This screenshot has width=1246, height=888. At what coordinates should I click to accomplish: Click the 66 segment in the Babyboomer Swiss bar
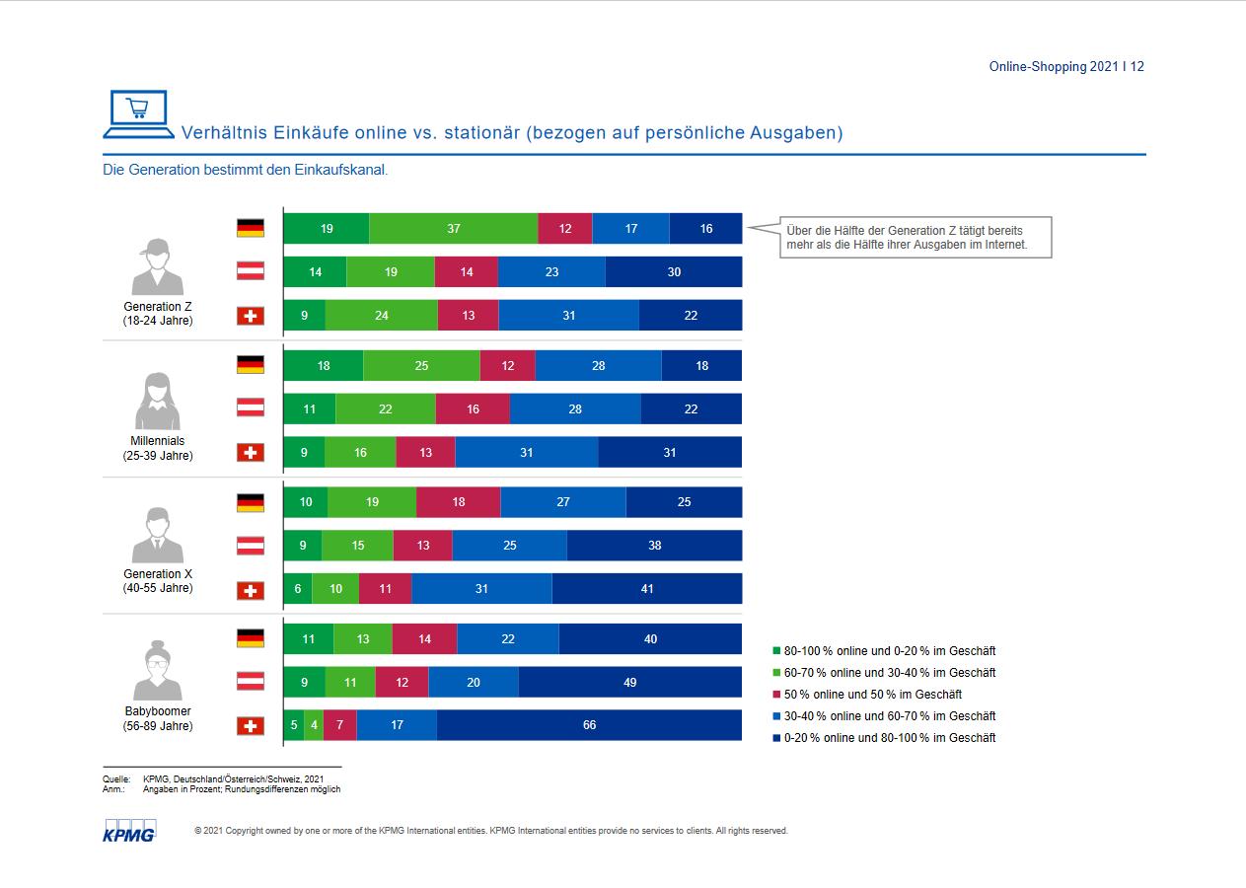coord(589,725)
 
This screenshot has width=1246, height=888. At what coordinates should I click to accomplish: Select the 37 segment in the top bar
coord(453,228)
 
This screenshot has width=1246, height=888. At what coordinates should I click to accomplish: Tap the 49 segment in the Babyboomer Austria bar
coord(629,682)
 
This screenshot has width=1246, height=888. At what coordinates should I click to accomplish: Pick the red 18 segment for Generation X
coord(458,502)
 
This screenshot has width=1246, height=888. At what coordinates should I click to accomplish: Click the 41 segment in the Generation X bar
coord(646,589)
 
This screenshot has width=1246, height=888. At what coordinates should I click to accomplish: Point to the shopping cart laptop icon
coord(136,114)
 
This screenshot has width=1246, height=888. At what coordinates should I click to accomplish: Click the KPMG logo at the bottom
coord(129,831)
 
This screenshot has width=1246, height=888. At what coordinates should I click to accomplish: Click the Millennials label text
coord(158,441)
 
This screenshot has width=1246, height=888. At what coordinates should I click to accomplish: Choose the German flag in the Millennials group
coord(251,365)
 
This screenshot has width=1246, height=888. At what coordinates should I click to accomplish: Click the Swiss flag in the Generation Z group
coord(251,316)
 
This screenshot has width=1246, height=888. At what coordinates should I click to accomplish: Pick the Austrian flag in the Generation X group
coord(251,546)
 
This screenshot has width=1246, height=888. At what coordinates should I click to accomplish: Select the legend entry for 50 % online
coord(867,695)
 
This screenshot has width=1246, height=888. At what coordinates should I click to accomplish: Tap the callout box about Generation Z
coord(915,238)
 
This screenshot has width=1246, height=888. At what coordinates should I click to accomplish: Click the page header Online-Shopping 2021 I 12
coord(1065,67)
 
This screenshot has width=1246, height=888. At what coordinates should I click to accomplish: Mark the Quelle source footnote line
coord(213,779)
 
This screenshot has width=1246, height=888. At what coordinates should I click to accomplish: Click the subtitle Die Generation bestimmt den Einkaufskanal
coord(246,170)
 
